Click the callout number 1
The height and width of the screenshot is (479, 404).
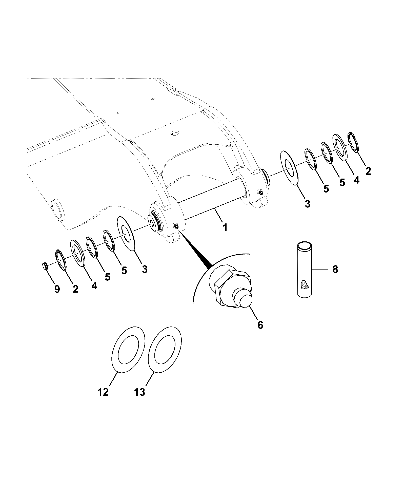(225, 227)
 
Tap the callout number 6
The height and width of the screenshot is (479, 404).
(260, 325)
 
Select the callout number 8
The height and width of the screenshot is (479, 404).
(335, 269)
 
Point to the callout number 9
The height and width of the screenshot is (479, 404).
(57, 289)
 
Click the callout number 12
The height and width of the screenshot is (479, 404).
(103, 399)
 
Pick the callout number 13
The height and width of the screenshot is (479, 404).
(139, 399)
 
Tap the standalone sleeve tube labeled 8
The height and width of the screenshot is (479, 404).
(304, 269)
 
